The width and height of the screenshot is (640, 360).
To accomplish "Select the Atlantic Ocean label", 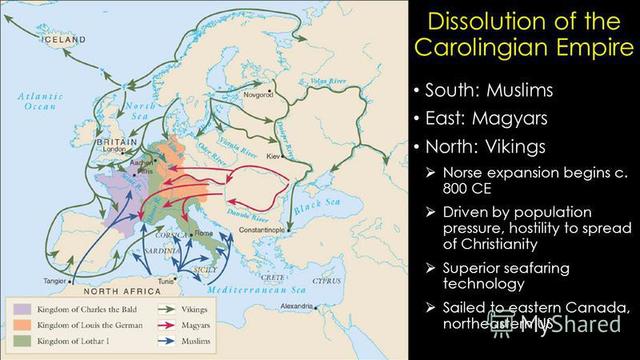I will click(x=34, y=100).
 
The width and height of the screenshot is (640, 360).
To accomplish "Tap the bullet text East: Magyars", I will click(x=485, y=118).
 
